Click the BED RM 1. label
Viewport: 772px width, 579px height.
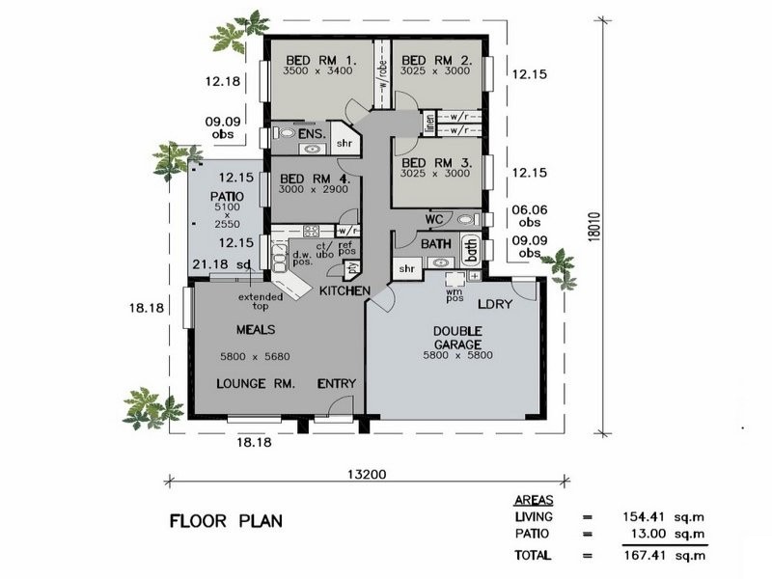click(x=319, y=59)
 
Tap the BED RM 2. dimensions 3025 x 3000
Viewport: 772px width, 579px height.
click(x=435, y=71)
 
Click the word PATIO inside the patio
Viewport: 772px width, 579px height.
click(x=227, y=196)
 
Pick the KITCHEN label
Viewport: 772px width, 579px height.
click(x=345, y=290)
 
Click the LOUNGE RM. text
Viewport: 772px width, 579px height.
click(x=254, y=383)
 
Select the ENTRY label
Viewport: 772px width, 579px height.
click(x=337, y=383)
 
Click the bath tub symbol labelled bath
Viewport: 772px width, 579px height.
click(x=472, y=250)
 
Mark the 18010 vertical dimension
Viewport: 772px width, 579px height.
click(x=624, y=230)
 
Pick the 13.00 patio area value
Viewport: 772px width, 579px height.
click(x=654, y=534)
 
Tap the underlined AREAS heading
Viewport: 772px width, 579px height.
click(x=533, y=501)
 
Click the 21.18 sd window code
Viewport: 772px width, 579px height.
click(x=222, y=263)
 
